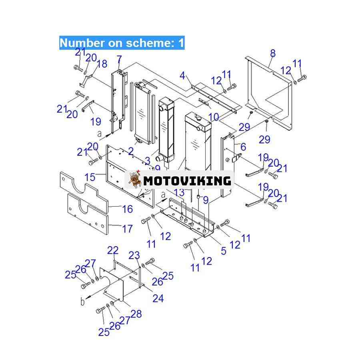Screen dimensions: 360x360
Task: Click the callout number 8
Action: [x=273, y=53]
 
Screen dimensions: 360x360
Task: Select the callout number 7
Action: [x=119, y=60]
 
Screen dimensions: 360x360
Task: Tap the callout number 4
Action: [x=182, y=76]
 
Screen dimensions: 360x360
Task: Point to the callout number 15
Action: [x=90, y=177]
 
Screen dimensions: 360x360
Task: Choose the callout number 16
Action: [x=128, y=209]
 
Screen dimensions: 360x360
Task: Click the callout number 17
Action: [x=128, y=229]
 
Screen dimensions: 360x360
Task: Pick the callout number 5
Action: [x=224, y=251]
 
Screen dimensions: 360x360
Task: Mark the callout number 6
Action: [x=243, y=147]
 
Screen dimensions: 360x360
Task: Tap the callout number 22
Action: [x=113, y=250]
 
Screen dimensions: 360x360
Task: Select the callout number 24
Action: [x=158, y=298]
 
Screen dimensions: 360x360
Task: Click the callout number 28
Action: [x=136, y=314]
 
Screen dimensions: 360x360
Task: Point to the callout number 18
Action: [x=102, y=64]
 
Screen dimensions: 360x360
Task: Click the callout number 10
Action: [x=214, y=117]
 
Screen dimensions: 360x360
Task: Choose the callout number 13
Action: [x=179, y=192]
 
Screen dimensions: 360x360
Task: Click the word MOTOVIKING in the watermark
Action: [x=187, y=181]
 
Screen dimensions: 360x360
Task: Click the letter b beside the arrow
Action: [x=82, y=302]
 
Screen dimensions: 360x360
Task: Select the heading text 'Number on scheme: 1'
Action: [x=122, y=43]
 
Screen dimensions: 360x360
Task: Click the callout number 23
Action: [x=134, y=255]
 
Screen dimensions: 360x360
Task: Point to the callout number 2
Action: [x=131, y=151]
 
